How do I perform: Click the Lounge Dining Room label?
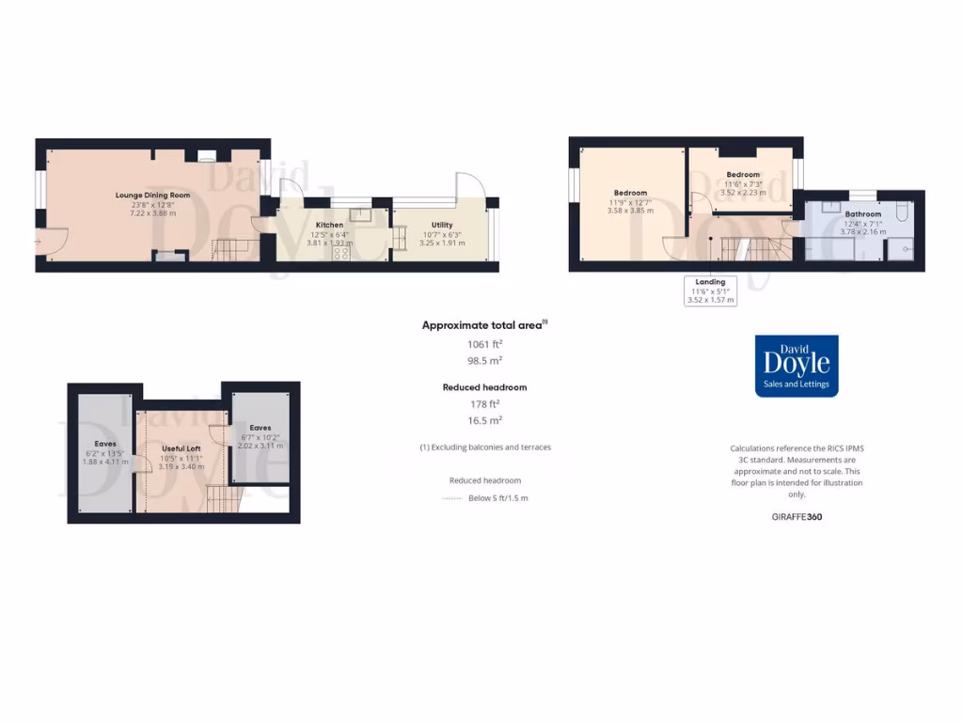(x=152, y=196)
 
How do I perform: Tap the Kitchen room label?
(x=329, y=225)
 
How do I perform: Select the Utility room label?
(x=441, y=225)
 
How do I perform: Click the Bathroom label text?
(x=862, y=214)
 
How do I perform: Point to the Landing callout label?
(x=710, y=282)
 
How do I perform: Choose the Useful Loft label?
(x=181, y=448)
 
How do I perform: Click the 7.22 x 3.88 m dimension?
(x=152, y=213)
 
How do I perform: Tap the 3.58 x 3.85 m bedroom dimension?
(x=630, y=211)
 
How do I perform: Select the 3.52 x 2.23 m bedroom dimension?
(x=743, y=192)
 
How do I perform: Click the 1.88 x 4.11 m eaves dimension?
(x=105, y=462)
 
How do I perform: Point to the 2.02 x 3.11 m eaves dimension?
(x=260, y=445)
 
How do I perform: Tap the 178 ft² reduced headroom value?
(x=485, y=404)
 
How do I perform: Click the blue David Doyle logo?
(x=797, y=366)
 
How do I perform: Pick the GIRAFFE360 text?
(x=796, y=516)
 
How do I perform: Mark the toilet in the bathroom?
(x=901, y=212)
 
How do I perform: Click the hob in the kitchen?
(x=339, y=252)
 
